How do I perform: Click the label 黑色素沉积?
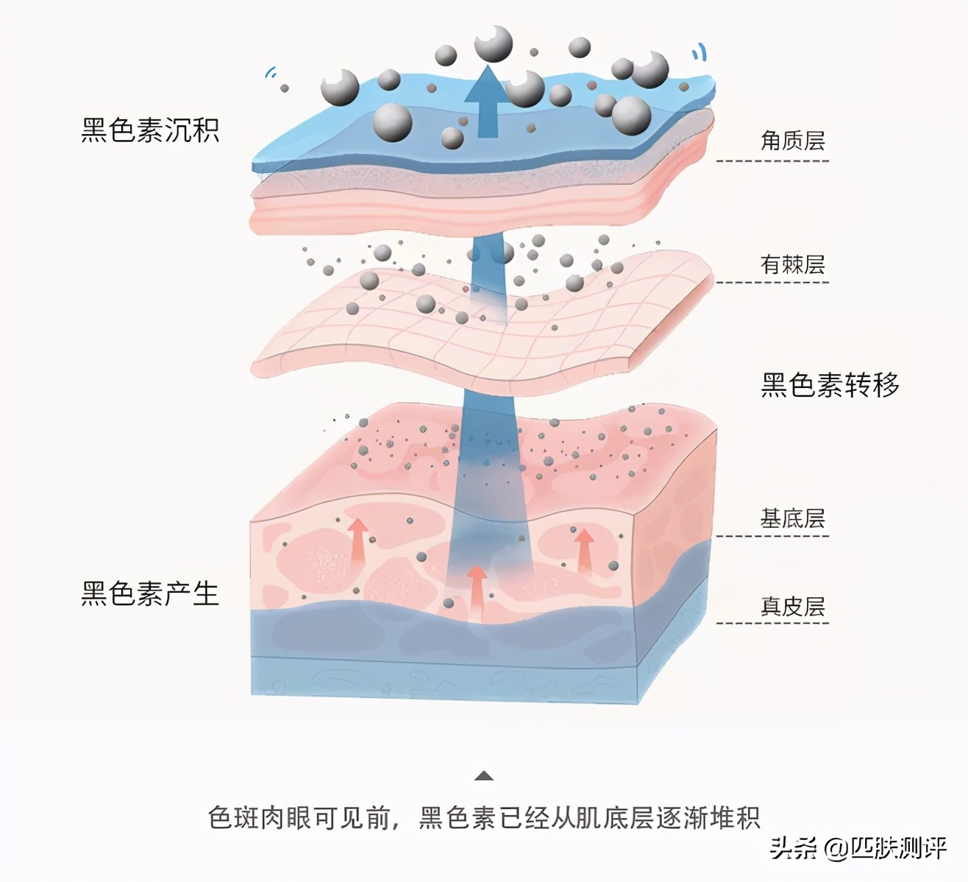coord(150,130)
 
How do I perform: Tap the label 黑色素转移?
coord(830,385)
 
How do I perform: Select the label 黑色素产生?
coord(150,593)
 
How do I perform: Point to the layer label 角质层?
coord(792,141)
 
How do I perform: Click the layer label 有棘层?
coord(792,264)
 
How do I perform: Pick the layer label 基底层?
coord(792,518)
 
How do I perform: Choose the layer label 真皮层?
coord(792,607)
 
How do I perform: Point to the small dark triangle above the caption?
coord(483,776)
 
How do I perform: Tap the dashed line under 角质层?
coord(772,160)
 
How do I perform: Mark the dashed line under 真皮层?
coord(772,623)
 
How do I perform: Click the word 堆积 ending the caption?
coord(735,818)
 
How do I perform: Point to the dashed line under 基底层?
coord(772,536)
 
